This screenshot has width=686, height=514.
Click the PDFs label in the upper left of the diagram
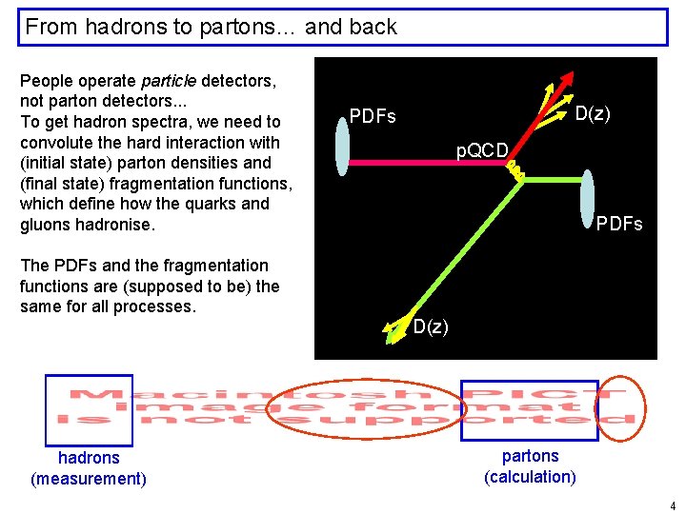[x=373, y=117]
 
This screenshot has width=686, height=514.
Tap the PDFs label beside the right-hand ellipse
[x=619, y=225]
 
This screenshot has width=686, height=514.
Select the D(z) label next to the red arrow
[x=593, y=114]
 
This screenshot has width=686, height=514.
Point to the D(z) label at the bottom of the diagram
[x=431, y=326]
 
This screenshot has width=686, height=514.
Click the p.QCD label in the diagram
[x=482, y=150]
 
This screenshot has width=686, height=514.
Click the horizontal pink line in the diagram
[x=429, y=163]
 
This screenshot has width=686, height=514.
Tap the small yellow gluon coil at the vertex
[x=514, y=170]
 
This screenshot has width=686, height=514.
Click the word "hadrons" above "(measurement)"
[x=89, y=458]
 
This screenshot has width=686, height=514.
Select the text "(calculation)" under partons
[x=530, y=477]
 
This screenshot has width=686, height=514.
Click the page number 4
[x=673, y=505]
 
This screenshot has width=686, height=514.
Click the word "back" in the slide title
[x=374, y=27]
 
